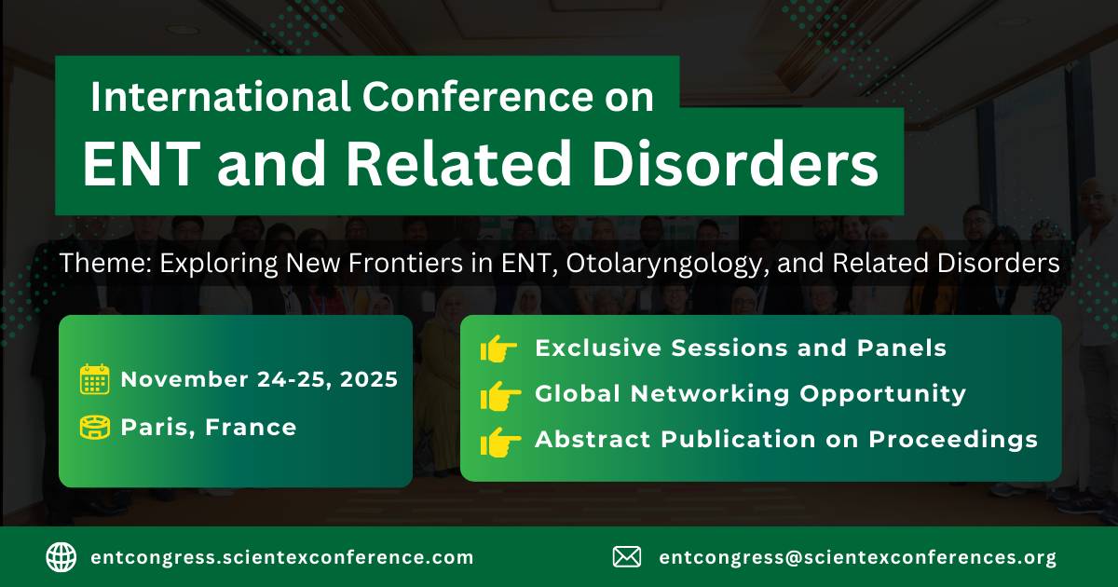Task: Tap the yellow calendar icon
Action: click(94, 379)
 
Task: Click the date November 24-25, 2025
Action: click(259, 379)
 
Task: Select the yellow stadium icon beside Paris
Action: click(94, 428)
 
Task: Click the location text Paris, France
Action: click(209, 428)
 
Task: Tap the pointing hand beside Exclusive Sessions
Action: click(499, 349)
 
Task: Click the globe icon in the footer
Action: click(61, 557)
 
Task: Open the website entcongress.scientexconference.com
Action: click(282, 558)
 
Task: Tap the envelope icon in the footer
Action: click(627, 557)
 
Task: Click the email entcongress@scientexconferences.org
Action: click(857, 558)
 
